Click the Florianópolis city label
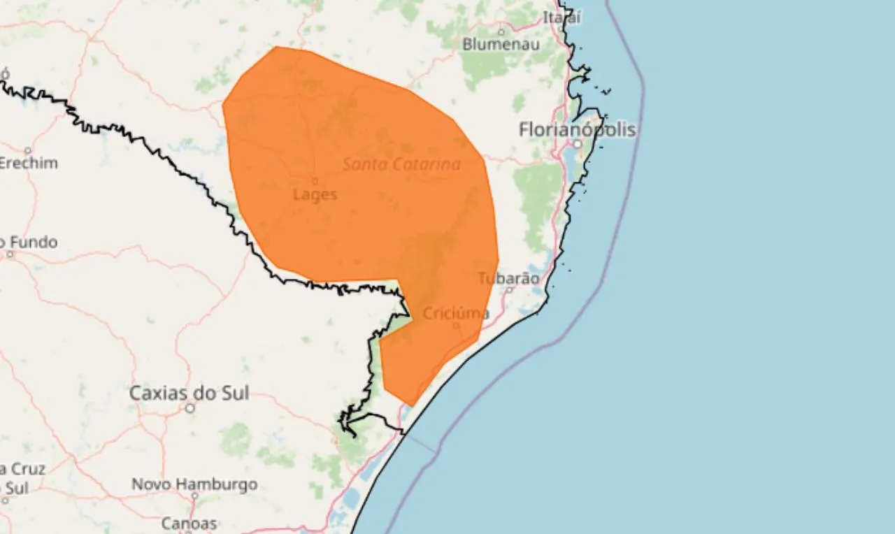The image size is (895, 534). pyautogui.click(x=578, y=129)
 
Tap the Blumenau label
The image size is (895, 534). pyautogui.click(x=501, y=44)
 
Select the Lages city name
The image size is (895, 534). pyautogui.click(x=315, y=194)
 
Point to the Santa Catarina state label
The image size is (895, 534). pyautogui.click(x=401, y=164)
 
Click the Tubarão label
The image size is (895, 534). pyautogui.click(x=508, y=278)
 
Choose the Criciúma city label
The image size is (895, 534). pyautogui.click(x=457, y=312)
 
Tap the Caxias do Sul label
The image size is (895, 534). pyautogui.click(x=189, y=393)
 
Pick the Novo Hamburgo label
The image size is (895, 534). pyautogui.click(x=194, y=484)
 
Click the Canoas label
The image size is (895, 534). pyautogui.click(x=189, y=523)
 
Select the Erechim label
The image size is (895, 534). pyautogui.click(x=28, y=163)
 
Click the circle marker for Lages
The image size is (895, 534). pyautogui.click(x=315, y=180)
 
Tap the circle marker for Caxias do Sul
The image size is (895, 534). pyautogui.click(x=189, y=408)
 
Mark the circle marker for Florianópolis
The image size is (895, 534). pyautogui.click(x=578, y=143)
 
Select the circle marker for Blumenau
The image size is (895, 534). pyautogui.click(x=501, y=31)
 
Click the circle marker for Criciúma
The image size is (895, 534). pyautogui.click(x=456, y=325)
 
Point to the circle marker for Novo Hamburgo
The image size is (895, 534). pyautogui.click(x=194, y=497)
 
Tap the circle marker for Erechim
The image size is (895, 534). pyautogui.click(x=28, y=150)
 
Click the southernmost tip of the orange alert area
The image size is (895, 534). pyautogui.click(x=411, y=405)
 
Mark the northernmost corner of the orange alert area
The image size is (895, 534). pyautogui.click(x=277, y=47)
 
